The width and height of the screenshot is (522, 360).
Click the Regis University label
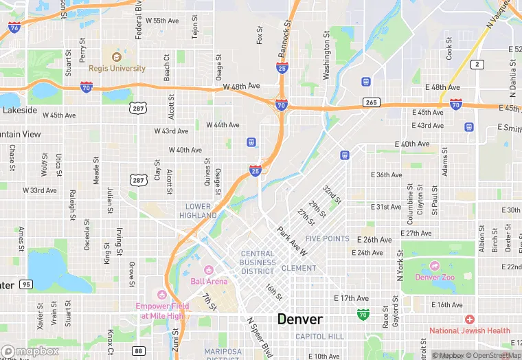point(117,68)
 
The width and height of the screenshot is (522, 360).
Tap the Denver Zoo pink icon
point(434,266)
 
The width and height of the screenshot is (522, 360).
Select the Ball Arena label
point(208,281)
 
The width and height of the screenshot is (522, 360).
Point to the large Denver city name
point(299,319)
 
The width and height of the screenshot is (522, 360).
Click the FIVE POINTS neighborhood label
point(328,239)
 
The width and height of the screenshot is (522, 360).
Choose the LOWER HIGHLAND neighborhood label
point(198,211)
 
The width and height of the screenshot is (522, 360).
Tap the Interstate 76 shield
point(14,27)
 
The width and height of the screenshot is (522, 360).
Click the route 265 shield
point(372,102)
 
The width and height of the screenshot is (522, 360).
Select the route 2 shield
point(477,64)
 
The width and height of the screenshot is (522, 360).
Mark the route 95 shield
point(26,284)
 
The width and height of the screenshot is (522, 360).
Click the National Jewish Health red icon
point(469,319)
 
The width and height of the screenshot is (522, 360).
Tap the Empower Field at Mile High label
point(163,311)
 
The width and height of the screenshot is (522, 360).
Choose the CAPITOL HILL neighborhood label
point(319,336)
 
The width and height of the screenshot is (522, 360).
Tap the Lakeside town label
point(19,110)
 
